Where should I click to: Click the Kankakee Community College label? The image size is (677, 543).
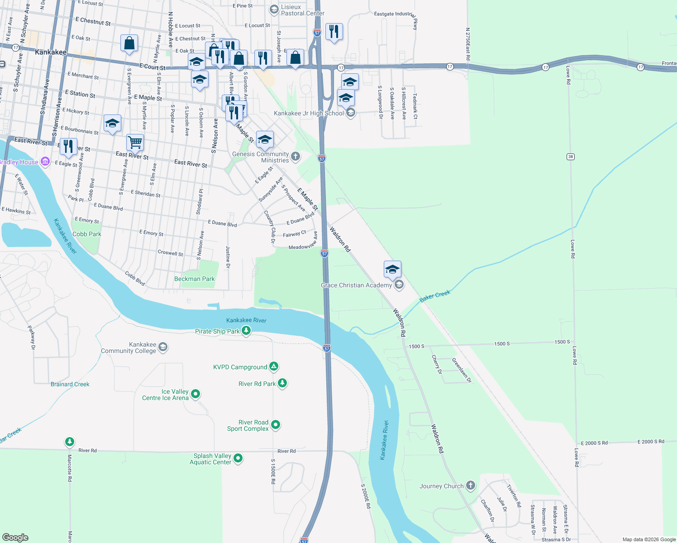click(129, 348)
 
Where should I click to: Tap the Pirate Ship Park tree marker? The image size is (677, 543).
click(246, 331)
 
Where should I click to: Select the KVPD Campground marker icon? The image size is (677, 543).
click(274, 367)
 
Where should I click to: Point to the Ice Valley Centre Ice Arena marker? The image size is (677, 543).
click(195, 394)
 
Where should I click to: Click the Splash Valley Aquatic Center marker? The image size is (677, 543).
click(238, 458)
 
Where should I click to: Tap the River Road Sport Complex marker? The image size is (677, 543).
click(276, 425)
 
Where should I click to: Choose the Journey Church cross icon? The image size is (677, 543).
click(471, 486)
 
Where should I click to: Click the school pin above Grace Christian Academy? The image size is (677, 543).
click(392, 270)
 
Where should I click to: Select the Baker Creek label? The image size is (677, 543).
click(435, 296)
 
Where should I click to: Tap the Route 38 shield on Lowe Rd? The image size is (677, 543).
click(571, 157)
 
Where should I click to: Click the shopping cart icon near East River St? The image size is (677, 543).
click(135, 142)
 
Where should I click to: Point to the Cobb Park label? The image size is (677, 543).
click(87, 234)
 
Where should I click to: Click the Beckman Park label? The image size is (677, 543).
click(195, 279)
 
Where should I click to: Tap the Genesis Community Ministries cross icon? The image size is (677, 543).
click(296, 157)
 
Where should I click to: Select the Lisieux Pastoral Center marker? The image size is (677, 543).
click(274, 10)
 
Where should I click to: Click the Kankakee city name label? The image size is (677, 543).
click(51, 52)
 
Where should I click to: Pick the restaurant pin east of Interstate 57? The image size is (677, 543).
click(334, 32)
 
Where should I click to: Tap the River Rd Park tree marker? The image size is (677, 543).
click(282, 383)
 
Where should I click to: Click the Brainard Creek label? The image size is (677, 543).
click(70, 384)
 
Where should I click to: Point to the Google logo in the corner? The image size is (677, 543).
click(15, 538)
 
